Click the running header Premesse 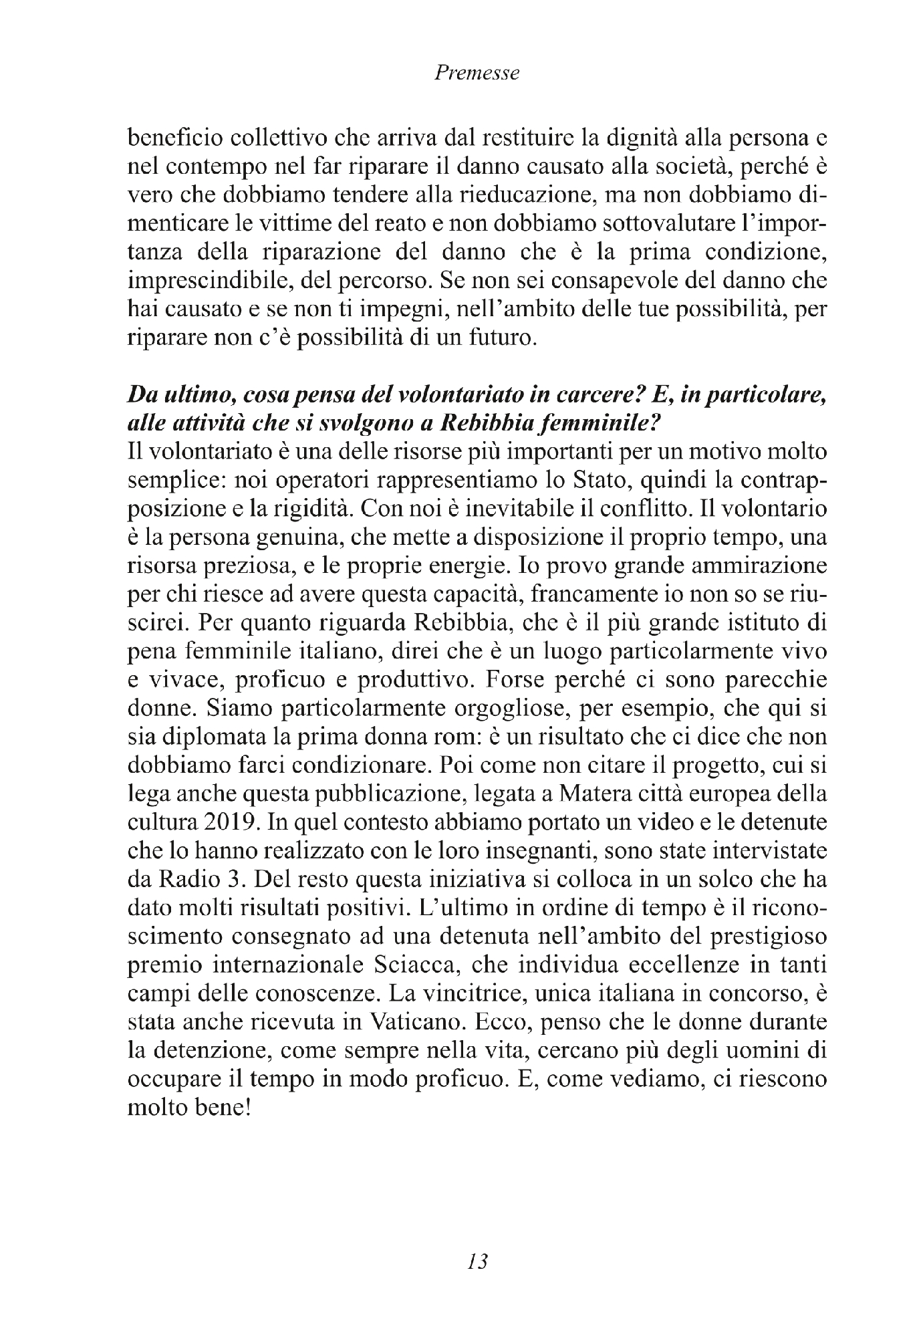(x=477, y=74)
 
